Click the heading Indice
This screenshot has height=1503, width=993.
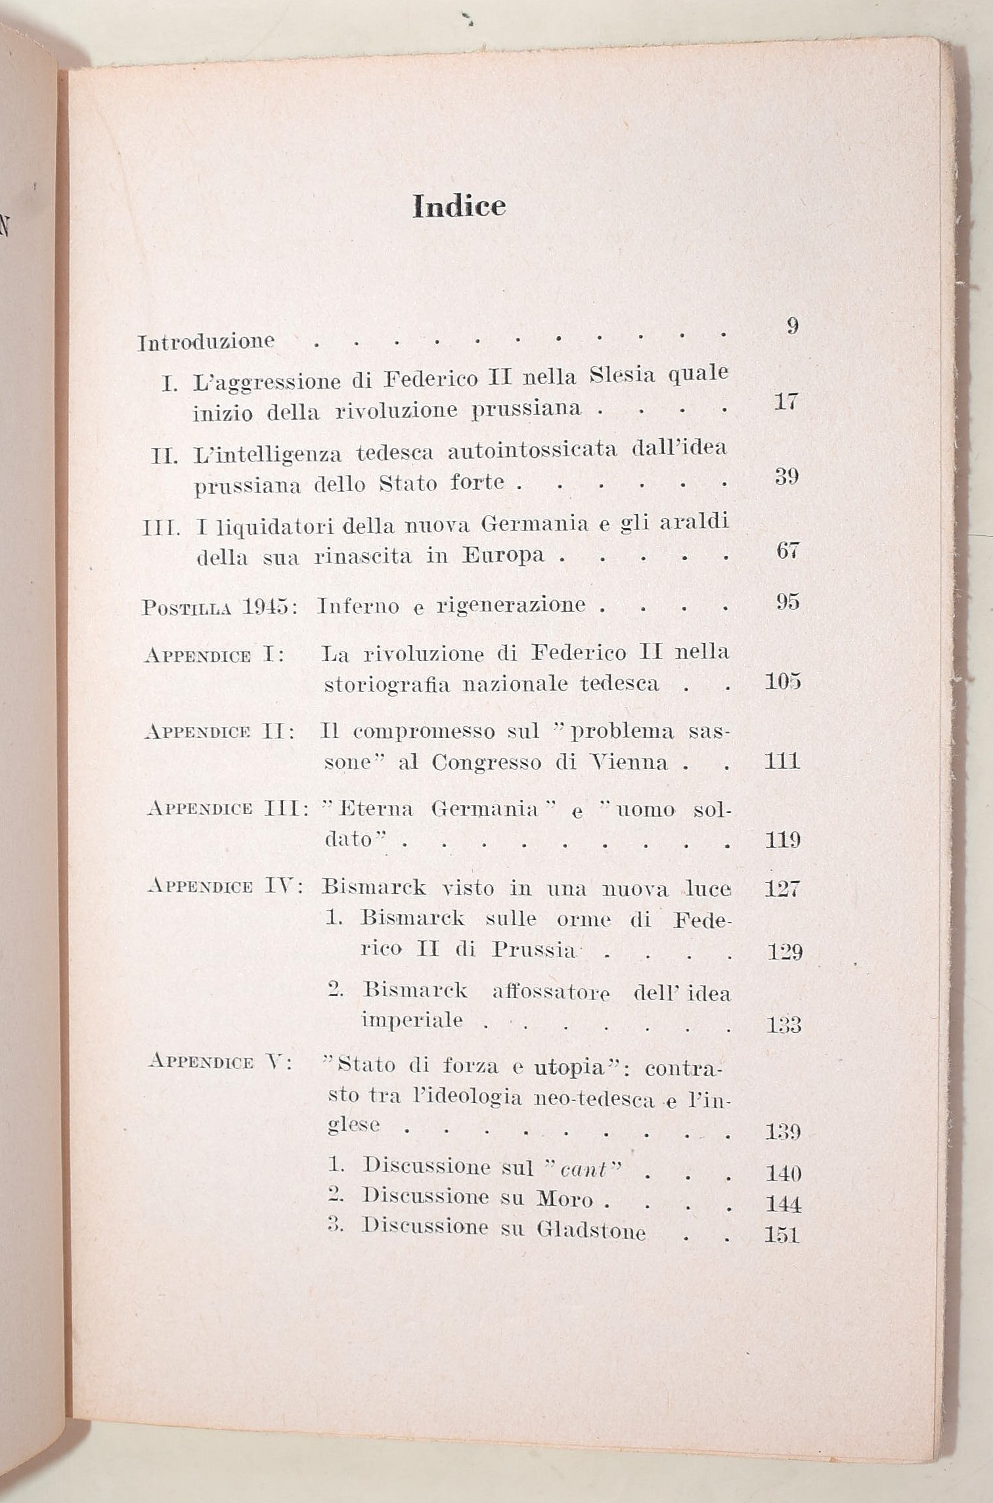tap(459, 207)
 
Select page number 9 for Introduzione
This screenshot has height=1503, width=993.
tap(793, 326)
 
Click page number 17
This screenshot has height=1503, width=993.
tap(785, 401)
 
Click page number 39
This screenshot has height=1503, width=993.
tap(786, 476)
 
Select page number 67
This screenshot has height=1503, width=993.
tap(787, 550)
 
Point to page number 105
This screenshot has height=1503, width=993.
tap(782, 682)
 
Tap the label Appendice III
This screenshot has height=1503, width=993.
tap(227, 808)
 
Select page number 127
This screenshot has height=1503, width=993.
tap(782, 889)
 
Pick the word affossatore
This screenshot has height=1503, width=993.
tap(550, 992)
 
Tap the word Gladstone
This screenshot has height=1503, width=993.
tap(591, 1229)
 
